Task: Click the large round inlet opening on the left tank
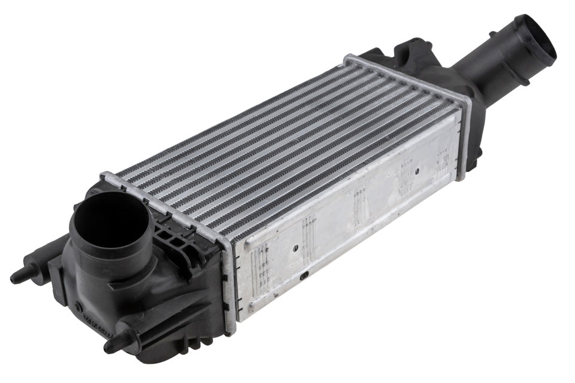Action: (111, 218)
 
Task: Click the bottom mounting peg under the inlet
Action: (111, 345)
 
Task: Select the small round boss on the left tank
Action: (78, 307)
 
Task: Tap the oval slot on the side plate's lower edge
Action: (305, 275)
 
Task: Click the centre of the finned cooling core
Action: (287, 150)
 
